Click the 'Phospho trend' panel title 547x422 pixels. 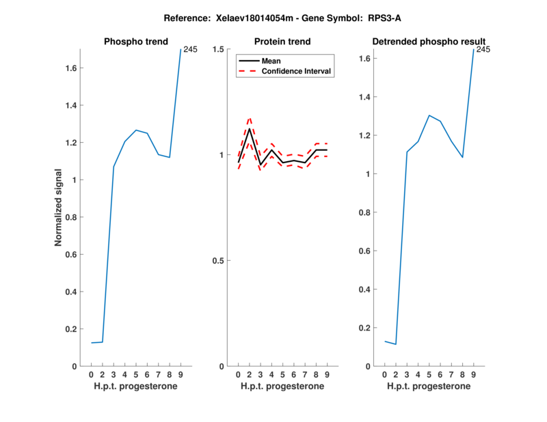click(135, 42)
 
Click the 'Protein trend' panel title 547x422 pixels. click(282, 42)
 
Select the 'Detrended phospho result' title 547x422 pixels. click(429, 42)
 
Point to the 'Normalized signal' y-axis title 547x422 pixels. click(59, 208)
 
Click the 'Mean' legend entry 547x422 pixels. click(271, 61)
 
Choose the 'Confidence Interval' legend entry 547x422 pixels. click(297, 71)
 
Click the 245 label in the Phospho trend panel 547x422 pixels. click(190, 49)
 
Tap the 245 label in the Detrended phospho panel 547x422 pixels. click(483, 49)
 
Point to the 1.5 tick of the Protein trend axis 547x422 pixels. click(219, 49)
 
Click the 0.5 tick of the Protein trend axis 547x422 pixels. click(219, 261)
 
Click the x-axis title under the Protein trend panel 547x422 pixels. click(282, 386)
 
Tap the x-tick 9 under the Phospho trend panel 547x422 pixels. click(181, 375)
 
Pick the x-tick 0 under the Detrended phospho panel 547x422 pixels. click(385, 375)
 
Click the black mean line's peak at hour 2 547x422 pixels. click(250, 129)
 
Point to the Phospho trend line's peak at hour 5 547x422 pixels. click(136, 130)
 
